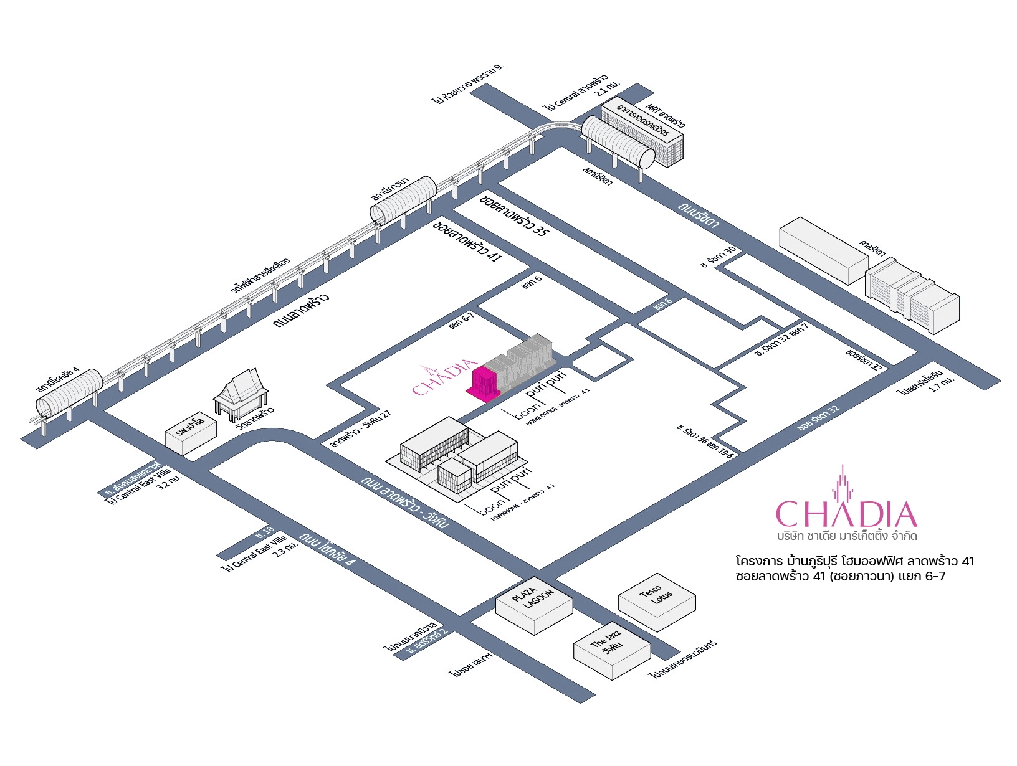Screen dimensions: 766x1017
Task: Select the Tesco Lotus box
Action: click(x=656, y=600)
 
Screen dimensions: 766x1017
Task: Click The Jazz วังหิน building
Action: click(x=611, y=649)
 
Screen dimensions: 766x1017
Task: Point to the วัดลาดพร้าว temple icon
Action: click(x=241, y=393)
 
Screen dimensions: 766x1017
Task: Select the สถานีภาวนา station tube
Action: click(x=404, y=199)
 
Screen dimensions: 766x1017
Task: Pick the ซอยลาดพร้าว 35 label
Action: click(x=514, y=215)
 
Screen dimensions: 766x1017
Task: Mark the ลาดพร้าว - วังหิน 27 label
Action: click(x=361, y=430)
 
